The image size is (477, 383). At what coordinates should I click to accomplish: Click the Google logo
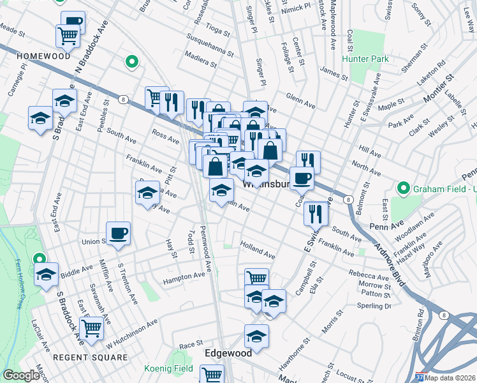coord(21,375)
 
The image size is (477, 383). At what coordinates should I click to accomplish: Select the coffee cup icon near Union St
coord(117,233)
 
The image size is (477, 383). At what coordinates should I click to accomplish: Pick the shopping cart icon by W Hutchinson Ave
coord(92,328)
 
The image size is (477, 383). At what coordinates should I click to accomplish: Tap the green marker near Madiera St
coord(131,62)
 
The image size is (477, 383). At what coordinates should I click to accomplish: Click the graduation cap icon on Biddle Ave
coord(46,274)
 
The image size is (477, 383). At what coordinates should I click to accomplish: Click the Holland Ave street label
coord(258,250)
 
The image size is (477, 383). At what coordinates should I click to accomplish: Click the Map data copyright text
coord(450,377)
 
